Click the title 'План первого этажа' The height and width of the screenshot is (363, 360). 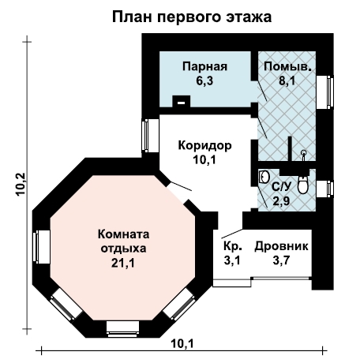(192, 17)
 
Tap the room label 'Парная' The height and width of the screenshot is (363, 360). (204, 66)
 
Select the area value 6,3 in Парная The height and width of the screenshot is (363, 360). (204, 81)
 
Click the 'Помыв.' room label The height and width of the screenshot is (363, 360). (287, 66)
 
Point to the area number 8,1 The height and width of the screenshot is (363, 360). (287, 80)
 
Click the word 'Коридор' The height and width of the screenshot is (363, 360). (205, 145)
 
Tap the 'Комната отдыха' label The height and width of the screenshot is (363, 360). (123, 241)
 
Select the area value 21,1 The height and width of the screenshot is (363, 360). (123, 263)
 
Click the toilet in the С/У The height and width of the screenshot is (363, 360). (303, 185)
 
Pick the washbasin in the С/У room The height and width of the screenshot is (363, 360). (264, 177)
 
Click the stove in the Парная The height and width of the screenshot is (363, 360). (182, 102)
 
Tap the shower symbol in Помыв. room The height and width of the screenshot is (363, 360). (304, 155)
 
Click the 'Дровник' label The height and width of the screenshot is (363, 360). (281, 247)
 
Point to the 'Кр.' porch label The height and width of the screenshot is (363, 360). (233, 247)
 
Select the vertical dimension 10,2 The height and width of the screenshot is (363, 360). (21, 184)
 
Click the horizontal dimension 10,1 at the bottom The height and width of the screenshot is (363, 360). (182, 343)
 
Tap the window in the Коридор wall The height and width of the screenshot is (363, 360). (150, 136)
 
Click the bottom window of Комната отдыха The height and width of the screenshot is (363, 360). (122, 329)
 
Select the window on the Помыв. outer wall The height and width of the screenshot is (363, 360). (325, 92)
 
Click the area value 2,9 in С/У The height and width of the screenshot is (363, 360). (281, 202)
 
